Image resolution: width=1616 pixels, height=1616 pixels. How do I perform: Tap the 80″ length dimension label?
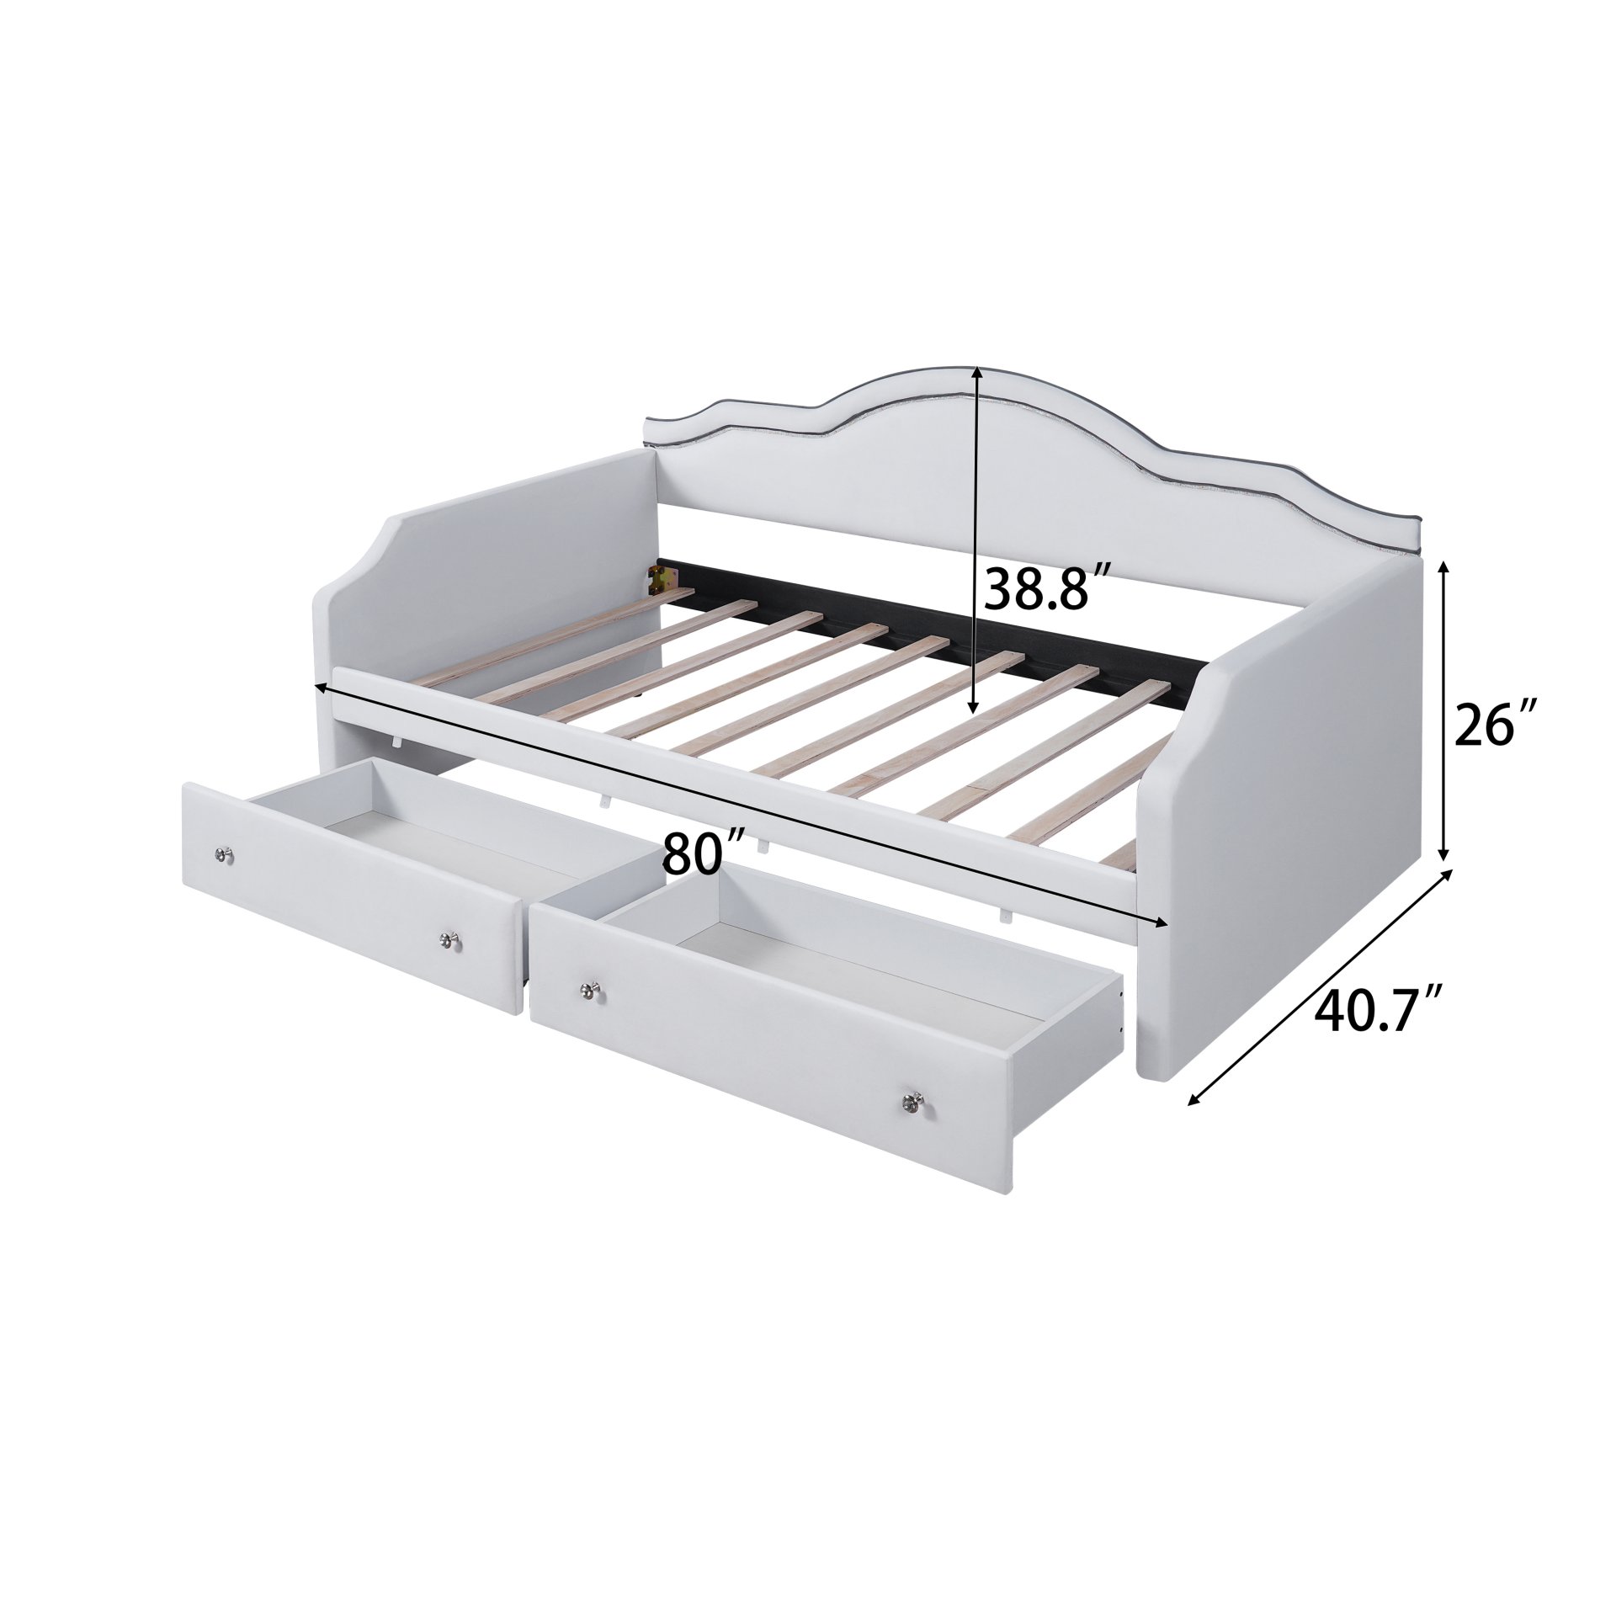704,852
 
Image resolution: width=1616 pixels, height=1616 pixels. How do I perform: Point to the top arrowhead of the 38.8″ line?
975,371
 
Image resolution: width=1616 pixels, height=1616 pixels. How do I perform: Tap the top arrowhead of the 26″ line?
1444,567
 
